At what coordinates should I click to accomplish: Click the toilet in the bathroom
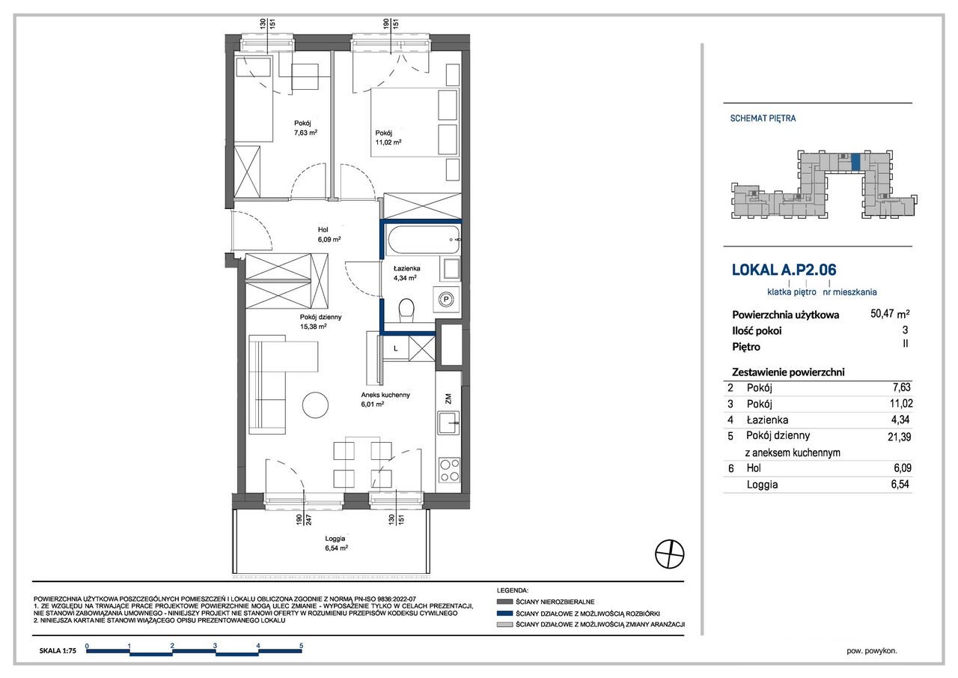(x=406, y=310)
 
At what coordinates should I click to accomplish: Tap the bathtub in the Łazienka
(x=423, y=240)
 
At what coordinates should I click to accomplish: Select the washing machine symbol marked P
(x=446, y=299)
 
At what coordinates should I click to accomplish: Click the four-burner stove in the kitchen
(x=450, y=470)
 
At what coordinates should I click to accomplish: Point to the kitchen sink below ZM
(x=448, y=423)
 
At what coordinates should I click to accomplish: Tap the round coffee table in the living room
(x=315, y=405)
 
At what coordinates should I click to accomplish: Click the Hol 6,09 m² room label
(x=329, y=234)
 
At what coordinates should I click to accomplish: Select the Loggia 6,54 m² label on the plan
(x=336, y=543)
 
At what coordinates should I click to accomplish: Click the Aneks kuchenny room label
(x=385, y=399)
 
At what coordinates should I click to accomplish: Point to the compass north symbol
(x=669, y=554)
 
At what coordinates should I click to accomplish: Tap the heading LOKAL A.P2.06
(x=784, y=270)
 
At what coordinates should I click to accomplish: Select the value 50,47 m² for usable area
(x=890, y=314)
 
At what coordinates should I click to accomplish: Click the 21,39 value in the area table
(x=899, y=437)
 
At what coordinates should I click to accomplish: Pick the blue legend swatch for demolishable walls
(x=504, y=614)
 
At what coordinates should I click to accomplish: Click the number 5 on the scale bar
(x=302, y=646)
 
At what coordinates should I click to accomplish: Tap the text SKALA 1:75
(x=58, y=650)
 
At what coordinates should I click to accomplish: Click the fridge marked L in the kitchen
(x=396, y=348)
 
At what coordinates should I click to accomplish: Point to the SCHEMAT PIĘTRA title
(x=763, y=118)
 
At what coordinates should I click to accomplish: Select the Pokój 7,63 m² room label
(x=305, y=128)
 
